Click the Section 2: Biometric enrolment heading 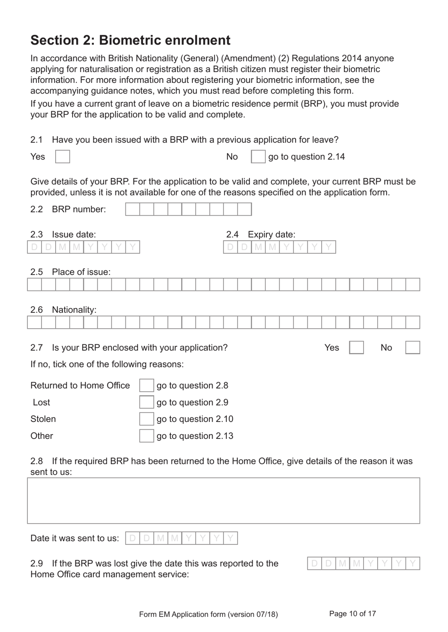(x=130, y=41)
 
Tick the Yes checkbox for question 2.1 (x=62, y=157)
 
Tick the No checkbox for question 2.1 (x=258, y=157)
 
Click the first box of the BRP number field (x=133, y=209)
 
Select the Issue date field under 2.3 (x=83, y=247)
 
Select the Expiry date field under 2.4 (x=279, y=247)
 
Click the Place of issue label (x=81, y=272)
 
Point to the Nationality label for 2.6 (x=74, y=310)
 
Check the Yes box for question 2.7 (x=356, y=348)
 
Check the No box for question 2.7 (x=413, y=348)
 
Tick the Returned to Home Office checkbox (x=146, y=386)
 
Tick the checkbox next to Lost (x=146, y=402)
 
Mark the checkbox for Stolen (x=146, y=419)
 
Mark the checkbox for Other (x=146, y=436)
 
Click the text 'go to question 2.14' (x=307, y=157)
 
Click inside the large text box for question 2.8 (x=223, y=501)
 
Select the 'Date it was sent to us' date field (x=182, y=538)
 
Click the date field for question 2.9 (x=364, y=564)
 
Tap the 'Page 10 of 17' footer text (x=352, y=614)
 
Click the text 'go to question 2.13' (x=195, y=436)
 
